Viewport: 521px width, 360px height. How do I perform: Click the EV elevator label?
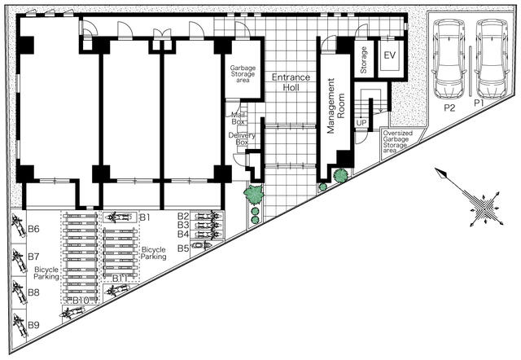tap(389, 55)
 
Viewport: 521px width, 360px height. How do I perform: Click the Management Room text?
tap(331, 106)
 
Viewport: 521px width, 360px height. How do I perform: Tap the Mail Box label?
tap(239, 118)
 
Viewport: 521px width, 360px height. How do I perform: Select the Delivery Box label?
tap(238, 138)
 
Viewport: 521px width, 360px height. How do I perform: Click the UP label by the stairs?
tap(361, 123)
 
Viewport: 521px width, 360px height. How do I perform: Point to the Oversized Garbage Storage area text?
tap(401, 140)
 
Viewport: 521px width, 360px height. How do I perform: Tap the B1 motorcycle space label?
tap(145, 217)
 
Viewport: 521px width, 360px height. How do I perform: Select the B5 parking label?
tap(183, 248)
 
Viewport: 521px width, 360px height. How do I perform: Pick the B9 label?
tap(33, 326)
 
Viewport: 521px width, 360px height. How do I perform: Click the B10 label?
tap(80, 301)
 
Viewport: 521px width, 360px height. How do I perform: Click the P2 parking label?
tap(449, 106)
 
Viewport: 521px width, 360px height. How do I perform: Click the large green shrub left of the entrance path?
tap(254, 195)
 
